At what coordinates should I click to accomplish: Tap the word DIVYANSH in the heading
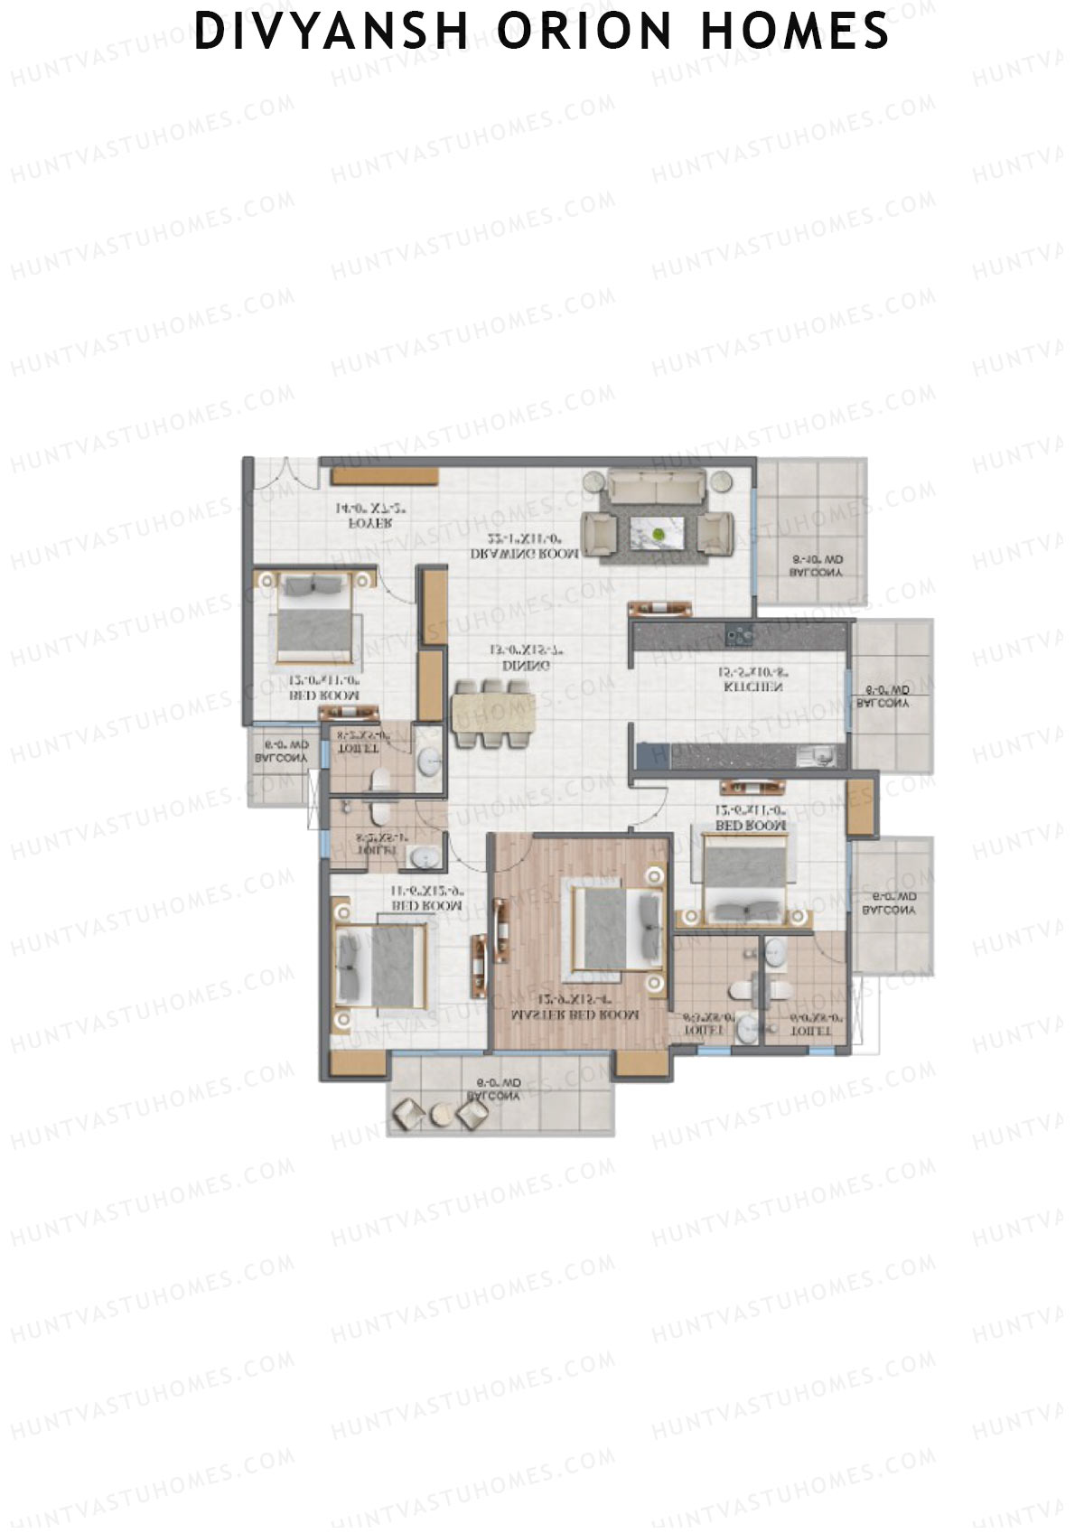click(x=332, y=33)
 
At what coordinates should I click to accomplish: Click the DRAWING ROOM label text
click(x=525, y=554)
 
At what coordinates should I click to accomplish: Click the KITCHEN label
click(x=752, y=687)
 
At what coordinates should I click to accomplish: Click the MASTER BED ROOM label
click(x=575, y=1015)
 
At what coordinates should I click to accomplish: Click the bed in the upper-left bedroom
click(x=313, y=619)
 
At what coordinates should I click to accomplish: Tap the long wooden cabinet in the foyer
click(x=384, y=475)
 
